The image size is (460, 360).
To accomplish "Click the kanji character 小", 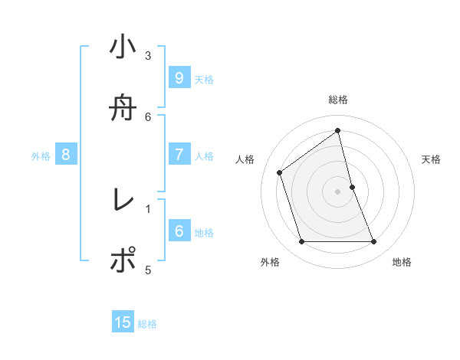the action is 123,47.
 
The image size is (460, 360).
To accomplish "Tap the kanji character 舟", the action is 123,108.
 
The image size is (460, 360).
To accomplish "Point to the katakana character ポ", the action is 123,260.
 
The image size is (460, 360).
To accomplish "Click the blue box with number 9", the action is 179,77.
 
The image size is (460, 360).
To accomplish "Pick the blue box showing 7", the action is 179,154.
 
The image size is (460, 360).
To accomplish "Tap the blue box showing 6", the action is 179,231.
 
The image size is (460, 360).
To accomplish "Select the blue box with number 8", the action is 66,155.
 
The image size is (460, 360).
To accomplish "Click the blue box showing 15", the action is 123,322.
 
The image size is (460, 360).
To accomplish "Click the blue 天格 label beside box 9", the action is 204,80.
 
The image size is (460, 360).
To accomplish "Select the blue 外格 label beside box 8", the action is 41,156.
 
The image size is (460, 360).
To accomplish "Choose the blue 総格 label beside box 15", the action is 147,324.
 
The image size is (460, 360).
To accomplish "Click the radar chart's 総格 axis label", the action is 338,100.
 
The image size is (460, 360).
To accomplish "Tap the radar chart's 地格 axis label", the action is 402,262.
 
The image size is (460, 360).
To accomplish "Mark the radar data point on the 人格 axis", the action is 280,172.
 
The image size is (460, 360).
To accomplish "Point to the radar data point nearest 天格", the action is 352,187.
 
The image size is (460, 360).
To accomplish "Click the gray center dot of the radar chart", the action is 338,191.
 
